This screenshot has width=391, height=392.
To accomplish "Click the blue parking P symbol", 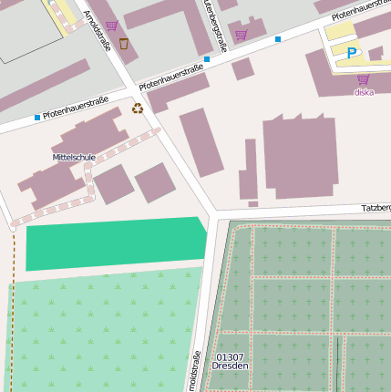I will pos(352,53).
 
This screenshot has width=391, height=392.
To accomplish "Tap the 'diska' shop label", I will pos(364,92).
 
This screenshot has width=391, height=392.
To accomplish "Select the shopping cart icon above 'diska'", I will pos(363,79).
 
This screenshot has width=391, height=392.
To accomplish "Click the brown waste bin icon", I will pos(124,43).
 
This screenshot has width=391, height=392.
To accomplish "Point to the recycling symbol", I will pos(138,108).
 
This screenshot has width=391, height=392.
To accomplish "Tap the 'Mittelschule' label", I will pos(74,157).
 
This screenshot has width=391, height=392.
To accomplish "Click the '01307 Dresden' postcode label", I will pos(230,361).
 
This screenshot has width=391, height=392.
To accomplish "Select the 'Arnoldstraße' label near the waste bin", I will pos(96,29).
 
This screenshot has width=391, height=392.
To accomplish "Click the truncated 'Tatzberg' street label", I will pos(376,208).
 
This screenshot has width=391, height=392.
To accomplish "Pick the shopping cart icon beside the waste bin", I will pos(111,26).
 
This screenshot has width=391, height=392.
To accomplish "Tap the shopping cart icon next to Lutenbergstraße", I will pos(241,35).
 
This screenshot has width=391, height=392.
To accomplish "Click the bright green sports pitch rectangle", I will pos(114,242).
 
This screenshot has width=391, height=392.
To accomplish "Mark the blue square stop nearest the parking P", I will pos(278,39).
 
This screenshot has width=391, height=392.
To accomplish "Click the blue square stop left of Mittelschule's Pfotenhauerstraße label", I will pos(37,118).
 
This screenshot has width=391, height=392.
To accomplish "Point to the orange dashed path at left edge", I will pos(14,310).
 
